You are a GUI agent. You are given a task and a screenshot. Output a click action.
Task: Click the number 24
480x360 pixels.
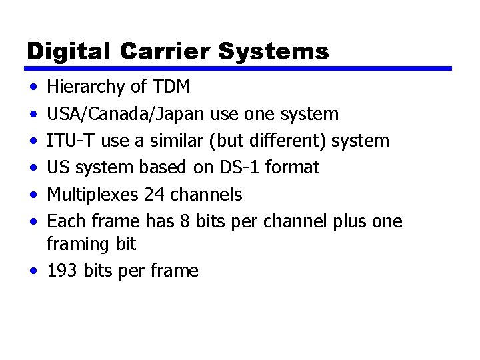[x=151, y=195]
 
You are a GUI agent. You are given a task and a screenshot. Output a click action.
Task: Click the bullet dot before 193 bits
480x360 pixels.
[x=33, y=271]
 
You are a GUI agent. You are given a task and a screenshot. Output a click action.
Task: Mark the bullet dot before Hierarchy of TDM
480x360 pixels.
[x=33, y=87]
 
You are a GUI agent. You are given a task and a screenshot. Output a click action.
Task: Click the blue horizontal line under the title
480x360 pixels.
[x=239, y=68]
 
